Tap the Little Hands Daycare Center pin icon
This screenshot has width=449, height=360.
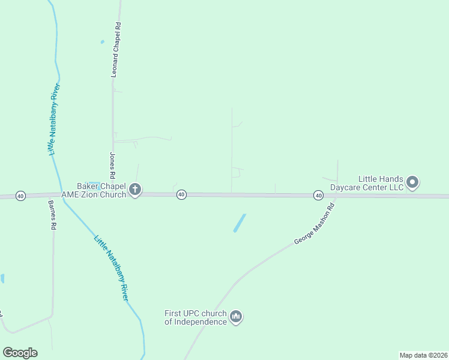click(x=412, y=182)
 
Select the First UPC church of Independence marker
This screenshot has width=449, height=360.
click(x=236, y=316)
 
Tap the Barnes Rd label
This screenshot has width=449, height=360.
click(x=52, y=215)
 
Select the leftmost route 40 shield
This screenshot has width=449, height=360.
click(x=21, y=196)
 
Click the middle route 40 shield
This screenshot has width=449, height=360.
click(x=181, y=194)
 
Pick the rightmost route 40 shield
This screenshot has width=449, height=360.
click(x=318, y=196)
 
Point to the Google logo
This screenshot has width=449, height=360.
click(x=20, y=353)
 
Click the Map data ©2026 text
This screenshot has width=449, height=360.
click(x=423, y=355)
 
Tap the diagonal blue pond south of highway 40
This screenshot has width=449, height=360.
click(x=240, y=223)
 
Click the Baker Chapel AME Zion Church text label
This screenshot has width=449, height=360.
click(x=101, y=190)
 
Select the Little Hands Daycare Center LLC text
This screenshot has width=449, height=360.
click(x=381, y=182)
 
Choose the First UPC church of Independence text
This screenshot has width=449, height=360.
click(x=196, y=317)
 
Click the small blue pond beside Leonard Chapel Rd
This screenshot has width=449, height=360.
click(x=102, y=41)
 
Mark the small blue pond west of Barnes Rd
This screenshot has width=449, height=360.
click(x=2, y=278)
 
